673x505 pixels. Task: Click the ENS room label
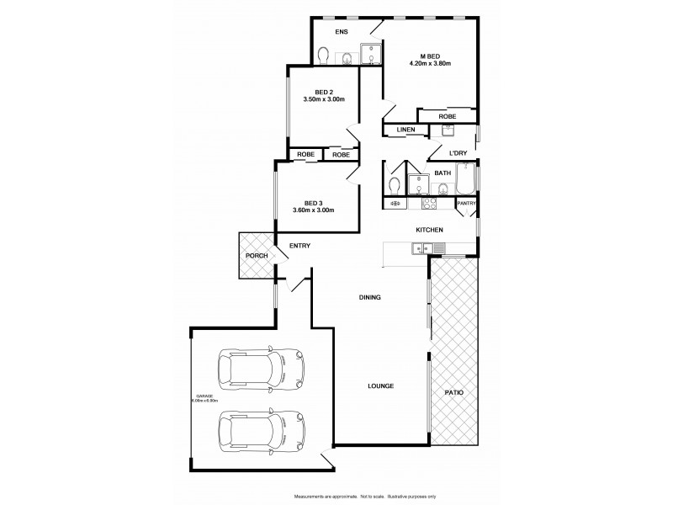[x=342, y=32]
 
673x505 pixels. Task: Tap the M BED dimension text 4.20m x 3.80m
[x=430, y=63]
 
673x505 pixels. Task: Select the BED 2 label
[x=324, y=91]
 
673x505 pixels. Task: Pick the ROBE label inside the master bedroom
[x=448, y=116]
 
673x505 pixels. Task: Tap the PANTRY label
[x=466, y=203]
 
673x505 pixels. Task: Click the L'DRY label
[x=457, y=152]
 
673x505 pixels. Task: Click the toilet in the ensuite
[x=325, y=54]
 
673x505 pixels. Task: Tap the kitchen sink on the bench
[x=438, y=247]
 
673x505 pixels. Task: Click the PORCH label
[x=256, y=255]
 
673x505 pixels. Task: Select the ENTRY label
[x=299, y=246]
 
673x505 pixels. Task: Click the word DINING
[x=370, y=297]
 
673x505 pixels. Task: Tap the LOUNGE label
[x=380, y=386]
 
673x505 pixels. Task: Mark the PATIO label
[x=455, y=392]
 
